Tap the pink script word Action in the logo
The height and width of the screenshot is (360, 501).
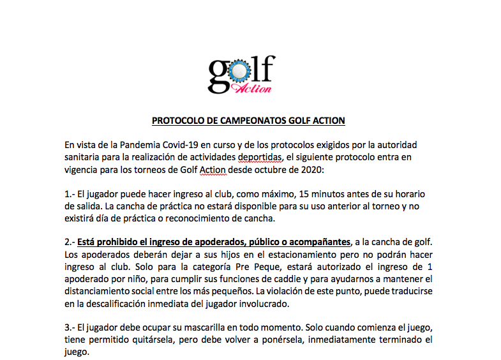click(x=254, y=88)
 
